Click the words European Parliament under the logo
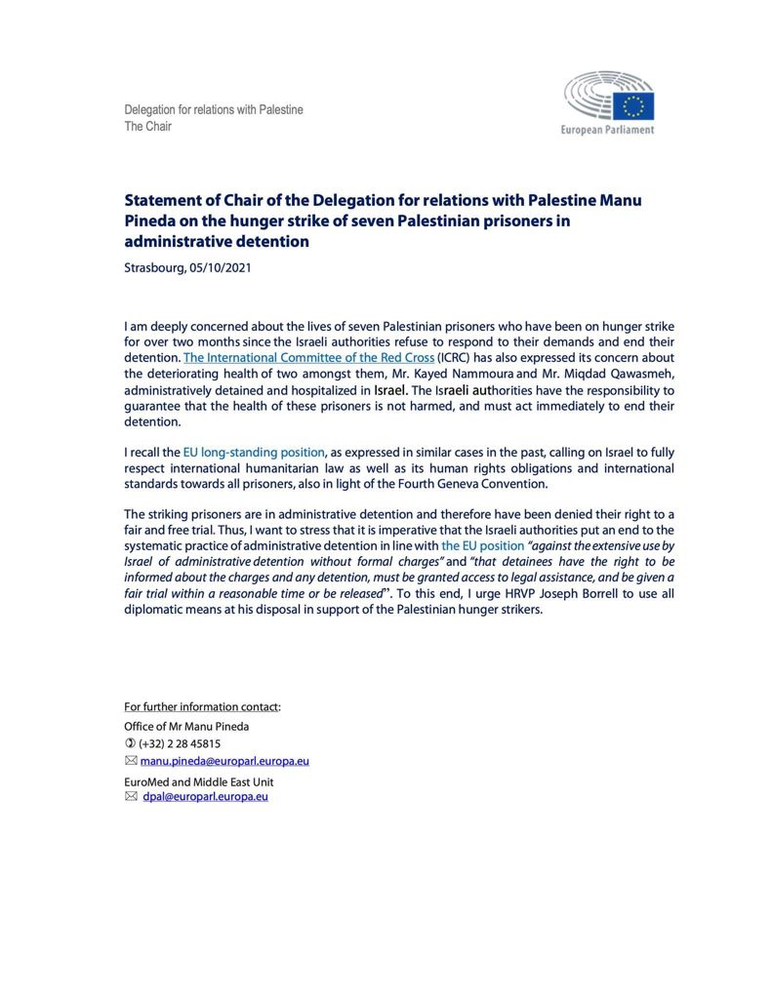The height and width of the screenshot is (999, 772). [x=607, y=130]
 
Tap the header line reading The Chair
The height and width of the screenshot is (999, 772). [x=147, y=126]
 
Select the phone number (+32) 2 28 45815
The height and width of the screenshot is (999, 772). [x=179, y=743]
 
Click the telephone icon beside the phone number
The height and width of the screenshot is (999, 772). [x=130, y=743]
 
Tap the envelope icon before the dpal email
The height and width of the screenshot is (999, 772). [x=131, y=797]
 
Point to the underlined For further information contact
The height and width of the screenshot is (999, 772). [x=201, y=706]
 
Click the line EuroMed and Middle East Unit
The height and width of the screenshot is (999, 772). [x=198, y=782]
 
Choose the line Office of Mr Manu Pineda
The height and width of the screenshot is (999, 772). [x=186, y=726]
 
